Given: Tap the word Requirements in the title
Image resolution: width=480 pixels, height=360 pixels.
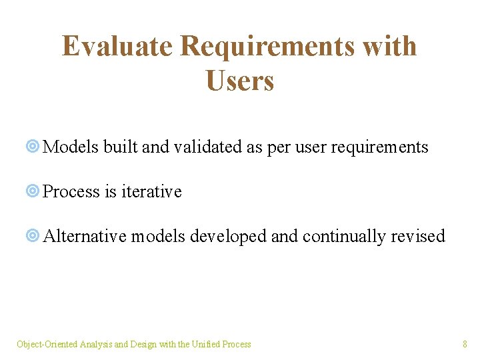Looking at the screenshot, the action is coord(267,47).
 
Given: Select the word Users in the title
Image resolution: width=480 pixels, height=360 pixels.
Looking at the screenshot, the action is coord(240,80).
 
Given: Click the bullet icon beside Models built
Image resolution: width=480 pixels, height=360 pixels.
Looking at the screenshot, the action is coord(33,146).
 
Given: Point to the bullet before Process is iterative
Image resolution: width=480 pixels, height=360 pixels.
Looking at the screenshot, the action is coord(33,191).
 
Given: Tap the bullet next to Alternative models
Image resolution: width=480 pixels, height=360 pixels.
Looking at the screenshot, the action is coord(33,235).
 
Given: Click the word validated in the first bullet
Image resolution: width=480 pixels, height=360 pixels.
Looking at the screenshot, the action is coord(208,146).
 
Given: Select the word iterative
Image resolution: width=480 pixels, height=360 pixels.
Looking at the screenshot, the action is coord(151,191).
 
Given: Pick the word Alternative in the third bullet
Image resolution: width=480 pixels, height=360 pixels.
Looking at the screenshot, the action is coord(85,236).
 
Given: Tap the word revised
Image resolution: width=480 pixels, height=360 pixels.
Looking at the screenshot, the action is coord(418,236).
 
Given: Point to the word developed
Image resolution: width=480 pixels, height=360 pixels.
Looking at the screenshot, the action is coord(228,237).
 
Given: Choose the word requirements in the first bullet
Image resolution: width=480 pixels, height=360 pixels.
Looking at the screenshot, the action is coord(379,147).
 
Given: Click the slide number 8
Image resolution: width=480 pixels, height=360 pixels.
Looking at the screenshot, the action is coord(465,344).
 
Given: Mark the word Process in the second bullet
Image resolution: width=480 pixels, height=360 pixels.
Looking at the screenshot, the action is coord(71,191).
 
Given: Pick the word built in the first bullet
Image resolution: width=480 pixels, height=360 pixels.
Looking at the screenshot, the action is coord(120,146).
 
